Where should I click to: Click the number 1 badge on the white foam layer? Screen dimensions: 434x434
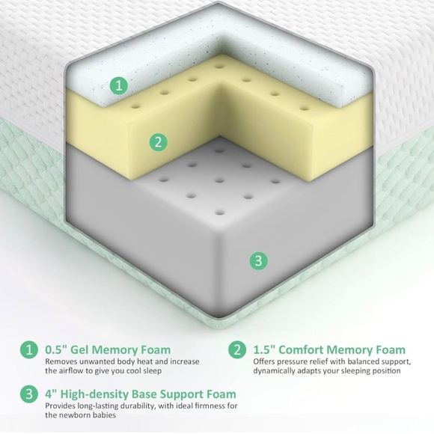[x=119, y=85]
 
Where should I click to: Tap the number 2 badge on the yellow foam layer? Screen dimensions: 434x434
[x=159, y=142]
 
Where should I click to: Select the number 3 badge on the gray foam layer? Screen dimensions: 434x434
[x=258, y=260]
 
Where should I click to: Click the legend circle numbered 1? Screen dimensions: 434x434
[x=28, y=349]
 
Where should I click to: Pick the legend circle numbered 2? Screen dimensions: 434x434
[x=237, y=349]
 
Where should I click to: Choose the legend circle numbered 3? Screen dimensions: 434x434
[x=28, y=394]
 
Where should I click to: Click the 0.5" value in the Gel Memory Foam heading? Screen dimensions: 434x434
[x=56, y=350]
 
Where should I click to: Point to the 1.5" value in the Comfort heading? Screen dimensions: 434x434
[x=264, y=350]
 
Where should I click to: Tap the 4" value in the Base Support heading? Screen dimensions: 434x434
[x=51, y=394]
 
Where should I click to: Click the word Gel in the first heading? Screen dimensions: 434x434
[x=80, y=350]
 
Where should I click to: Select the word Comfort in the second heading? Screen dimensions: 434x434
[x=302, y=350]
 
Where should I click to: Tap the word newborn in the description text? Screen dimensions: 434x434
[x=73, y=415]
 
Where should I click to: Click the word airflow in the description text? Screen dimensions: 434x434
[x=70, y=370]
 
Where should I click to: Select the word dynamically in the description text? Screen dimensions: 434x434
[x=275, y=371]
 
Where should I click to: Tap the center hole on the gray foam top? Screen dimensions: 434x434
[x=219, y=181]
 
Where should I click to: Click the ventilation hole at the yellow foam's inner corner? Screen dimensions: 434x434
[x=219, y=67]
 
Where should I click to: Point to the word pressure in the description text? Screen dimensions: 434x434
[x=290, y=362]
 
